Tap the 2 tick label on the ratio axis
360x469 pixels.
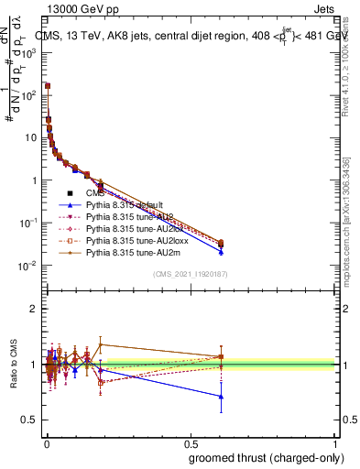[x=34, y=310]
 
